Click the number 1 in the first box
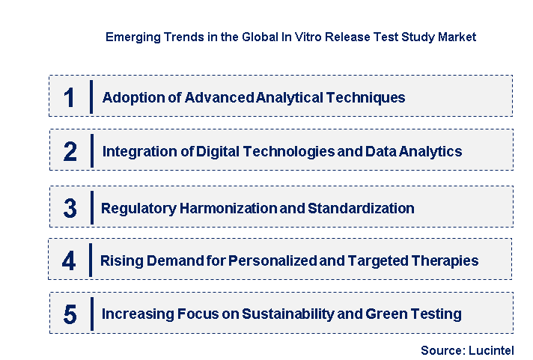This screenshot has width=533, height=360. [x=70, y=98]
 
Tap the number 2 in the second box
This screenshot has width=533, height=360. [x=70, y=152]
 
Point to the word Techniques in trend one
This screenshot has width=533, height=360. [x=368, y=97]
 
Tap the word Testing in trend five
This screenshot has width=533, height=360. [x=434, y=314]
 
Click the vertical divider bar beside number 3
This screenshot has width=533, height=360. [x=91, y=207]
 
